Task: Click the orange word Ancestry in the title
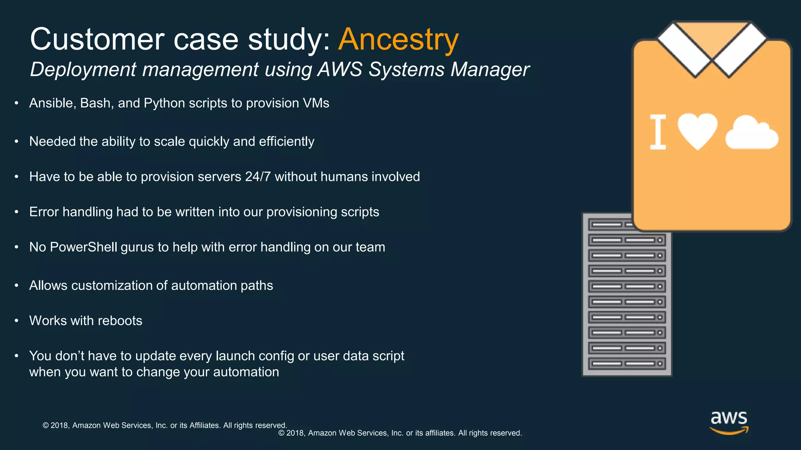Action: [x=398, y=40]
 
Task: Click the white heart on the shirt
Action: [x=697, y=130]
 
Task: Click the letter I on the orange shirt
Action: [x=658, y=132]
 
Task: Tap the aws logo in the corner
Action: [x=729, y=422]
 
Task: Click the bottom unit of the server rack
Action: [x=627, y=364]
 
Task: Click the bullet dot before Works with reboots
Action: [x=16, y=321]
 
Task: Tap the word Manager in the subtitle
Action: [x=490, y=70]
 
